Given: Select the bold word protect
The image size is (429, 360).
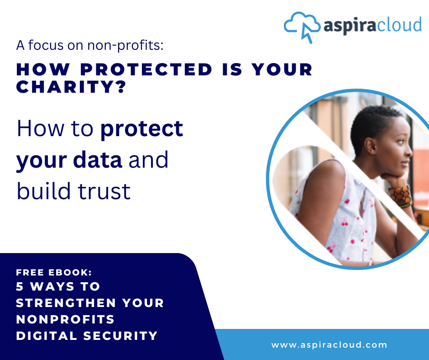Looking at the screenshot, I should click(x=141, y=130).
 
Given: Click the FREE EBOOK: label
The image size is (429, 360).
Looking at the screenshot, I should click(x=54, y=272).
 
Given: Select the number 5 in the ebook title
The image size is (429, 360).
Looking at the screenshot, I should click(x=20, y=287).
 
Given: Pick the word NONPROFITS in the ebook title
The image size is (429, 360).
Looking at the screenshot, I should click(x=65, y=319).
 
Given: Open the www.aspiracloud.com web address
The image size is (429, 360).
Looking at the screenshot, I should click(x=329, y=345).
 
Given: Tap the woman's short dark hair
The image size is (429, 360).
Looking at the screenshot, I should click(x=370, y=121).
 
